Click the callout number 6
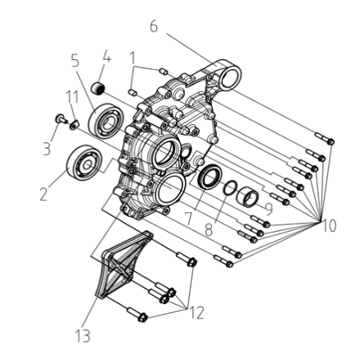coord(154,26)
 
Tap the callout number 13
coord(83,335)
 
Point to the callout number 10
coord(329,226)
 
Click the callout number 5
coord(76,60)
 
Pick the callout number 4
coord(107,56)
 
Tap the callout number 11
coord(72,97)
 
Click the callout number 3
coord(47,150)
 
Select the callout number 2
coord(44,195)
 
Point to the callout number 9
coord(269,209)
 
